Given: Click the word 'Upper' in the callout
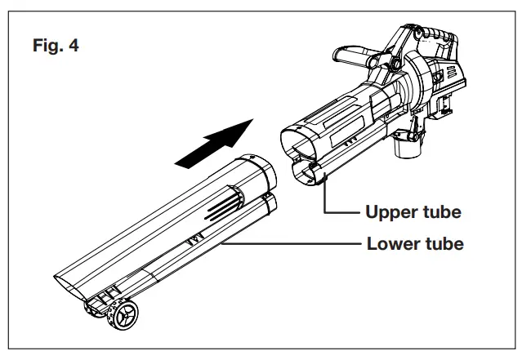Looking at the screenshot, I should (386, 212).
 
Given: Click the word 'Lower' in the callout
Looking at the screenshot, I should (387, 243).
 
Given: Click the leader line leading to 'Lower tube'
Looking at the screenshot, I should (286, 243).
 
